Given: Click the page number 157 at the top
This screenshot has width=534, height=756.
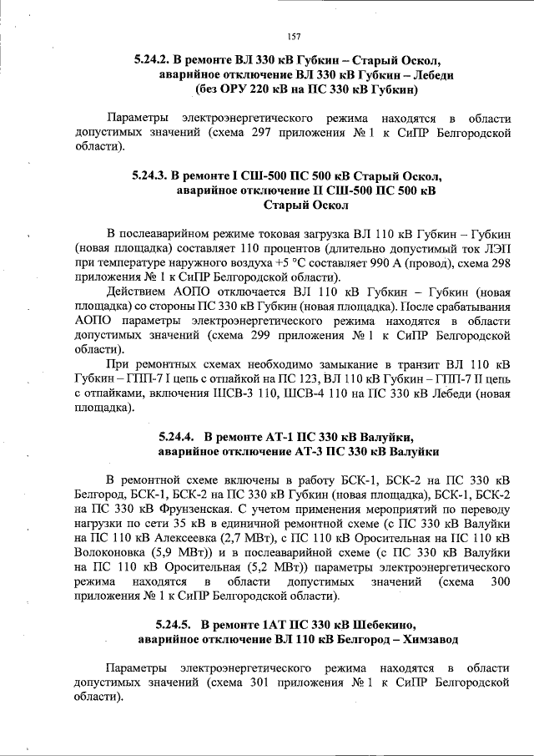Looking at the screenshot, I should pos(293,36).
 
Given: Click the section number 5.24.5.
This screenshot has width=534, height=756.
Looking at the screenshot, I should pos(172,625).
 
